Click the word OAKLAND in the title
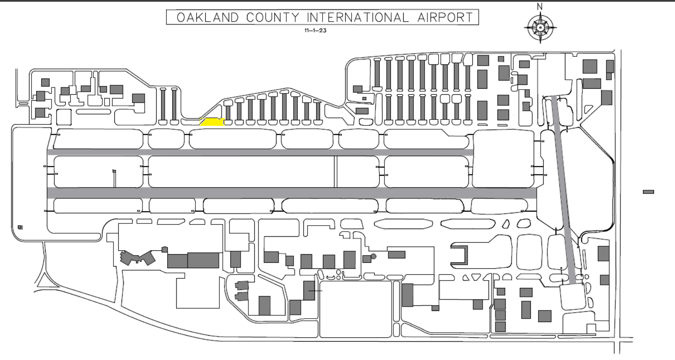click(x=208, y=17)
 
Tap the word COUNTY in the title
click(x=273, y=17)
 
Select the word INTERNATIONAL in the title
click(x=358, y=17)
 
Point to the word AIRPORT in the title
click(x=445, y=17)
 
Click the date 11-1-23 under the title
click(x=315, y=30)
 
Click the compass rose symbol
click(x=540, y=28)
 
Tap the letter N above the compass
click(x=540, y=7)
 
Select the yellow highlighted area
click(x=212, y=122)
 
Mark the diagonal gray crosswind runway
click(x=566, y=190)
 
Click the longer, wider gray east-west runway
click(x=292, y=193)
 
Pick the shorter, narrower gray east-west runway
click(x=260, y=152)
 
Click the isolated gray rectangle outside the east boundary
click(x=649, y=192)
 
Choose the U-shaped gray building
click(x=460, y=255)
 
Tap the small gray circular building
click(x=374, y=256)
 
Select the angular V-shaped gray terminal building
click(x=137, y=258)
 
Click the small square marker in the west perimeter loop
click(x=20, y=227)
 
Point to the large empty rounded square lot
click(x=355, y=309)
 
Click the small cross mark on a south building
click(x=315, y=291)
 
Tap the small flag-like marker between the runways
click(x=114, y=171)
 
